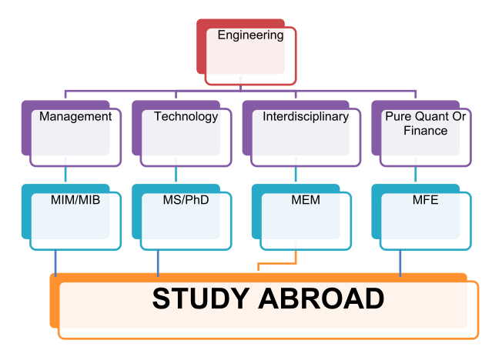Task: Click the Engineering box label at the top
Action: pyautogui.click(x=250, y=35)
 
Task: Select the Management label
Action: pyautogui.click(x=75, y=117)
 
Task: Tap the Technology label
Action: pyautogui.click(x=186, y=117)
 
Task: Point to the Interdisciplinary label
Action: pyautogui.click(x=306, y=117)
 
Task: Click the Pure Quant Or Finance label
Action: pyautogui.click(x=426, y=124)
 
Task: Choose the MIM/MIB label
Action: pyautogui.click(x=70, y=200)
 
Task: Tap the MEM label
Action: pyautogui.click(x=306, y=200)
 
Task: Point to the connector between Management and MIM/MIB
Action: pyautogui.click(x=65, y=175)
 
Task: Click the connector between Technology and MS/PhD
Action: pyautogui.click(x=176, y=175)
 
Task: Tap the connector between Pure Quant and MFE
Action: pyautogui.click(x=416, y=175)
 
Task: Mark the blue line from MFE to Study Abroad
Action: pyautogui.click(x=400, y=262)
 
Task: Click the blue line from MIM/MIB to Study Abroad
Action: pyautogui.click(x=55, y=262)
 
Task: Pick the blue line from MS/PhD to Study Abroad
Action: pyautogui.click(x=158, y=262)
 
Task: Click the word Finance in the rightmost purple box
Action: pyautogui.click(x=426, y=131)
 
